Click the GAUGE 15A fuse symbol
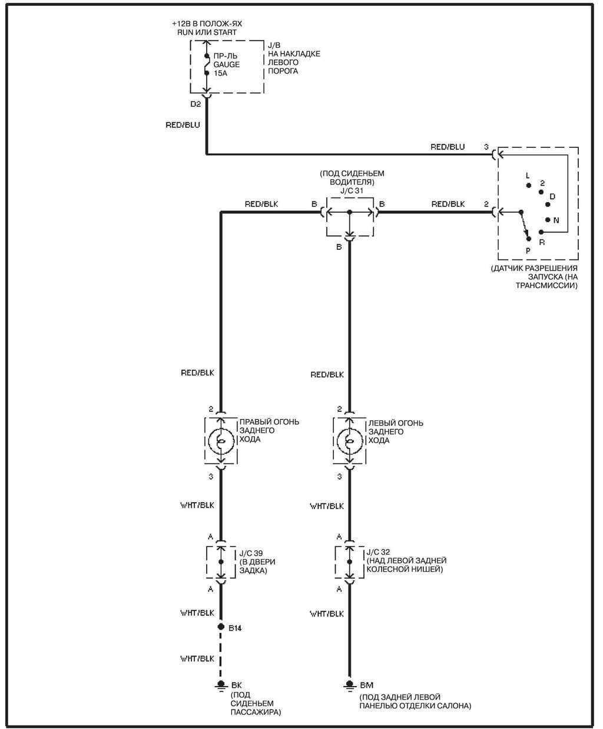(207, 64)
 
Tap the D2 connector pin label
(196, 104)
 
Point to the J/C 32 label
(377, 553)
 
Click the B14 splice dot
(221, 627)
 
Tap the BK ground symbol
(221, 684)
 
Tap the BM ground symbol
(349, 684)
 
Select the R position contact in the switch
(541, 232)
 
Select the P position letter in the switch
(528, 250)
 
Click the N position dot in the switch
(548, 220)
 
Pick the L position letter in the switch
(528, 176)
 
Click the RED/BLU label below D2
(183, 125)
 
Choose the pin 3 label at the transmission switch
(486, 146)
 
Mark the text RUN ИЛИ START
(207, 32)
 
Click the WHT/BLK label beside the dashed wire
(197, 658)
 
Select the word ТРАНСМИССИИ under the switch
(546, 285)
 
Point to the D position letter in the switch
(552, 196)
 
